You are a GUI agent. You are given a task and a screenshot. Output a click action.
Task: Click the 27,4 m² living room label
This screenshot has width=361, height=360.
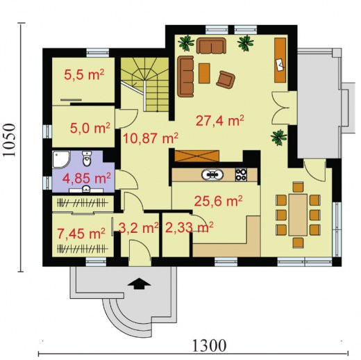220,120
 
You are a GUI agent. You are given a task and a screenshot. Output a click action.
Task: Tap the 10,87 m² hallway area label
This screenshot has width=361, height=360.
151,138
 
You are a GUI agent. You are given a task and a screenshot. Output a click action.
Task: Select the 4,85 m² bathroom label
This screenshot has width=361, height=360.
87,178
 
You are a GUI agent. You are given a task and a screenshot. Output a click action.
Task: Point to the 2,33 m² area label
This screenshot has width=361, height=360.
190,227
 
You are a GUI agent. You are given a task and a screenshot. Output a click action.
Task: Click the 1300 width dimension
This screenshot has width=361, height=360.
209,346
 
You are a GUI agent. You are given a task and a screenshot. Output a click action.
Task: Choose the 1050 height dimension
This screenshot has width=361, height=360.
10,140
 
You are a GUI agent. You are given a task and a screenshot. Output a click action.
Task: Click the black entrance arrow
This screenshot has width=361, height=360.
139,284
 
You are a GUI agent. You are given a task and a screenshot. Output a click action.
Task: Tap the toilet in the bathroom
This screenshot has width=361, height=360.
87,158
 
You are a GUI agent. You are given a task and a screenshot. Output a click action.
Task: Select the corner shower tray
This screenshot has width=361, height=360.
61,159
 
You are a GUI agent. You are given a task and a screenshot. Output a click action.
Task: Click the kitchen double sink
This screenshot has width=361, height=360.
212,174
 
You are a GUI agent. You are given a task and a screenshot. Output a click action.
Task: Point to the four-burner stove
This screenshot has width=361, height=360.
241,174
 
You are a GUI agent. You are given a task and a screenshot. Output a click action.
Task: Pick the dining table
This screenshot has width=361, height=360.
298,215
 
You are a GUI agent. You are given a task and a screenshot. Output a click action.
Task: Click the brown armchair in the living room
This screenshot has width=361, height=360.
226,80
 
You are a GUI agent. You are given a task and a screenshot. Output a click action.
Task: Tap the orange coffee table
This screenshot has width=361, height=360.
204,73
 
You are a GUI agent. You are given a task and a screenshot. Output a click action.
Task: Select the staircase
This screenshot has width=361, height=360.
145,84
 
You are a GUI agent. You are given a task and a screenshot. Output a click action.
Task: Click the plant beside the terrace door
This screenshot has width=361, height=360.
279,137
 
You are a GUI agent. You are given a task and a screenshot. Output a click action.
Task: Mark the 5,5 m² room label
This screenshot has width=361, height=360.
84,74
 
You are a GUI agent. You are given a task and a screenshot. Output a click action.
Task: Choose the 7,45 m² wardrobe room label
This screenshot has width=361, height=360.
81,234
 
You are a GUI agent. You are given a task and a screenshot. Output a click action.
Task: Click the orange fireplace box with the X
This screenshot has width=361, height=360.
197,156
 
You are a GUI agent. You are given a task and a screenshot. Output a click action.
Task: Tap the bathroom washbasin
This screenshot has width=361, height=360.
86,190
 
